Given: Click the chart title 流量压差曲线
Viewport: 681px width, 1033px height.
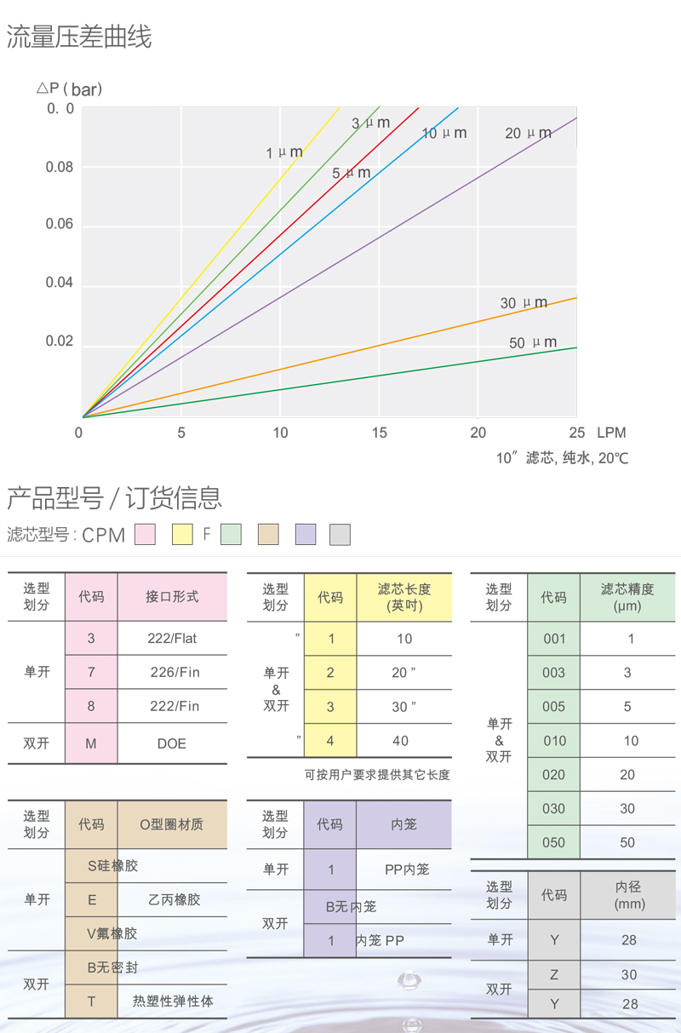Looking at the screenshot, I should (x=78, y=37).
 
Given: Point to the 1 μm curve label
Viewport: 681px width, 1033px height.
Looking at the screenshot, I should (x=283, y=153).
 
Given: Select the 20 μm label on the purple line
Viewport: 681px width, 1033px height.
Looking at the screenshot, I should (x=528, y=133).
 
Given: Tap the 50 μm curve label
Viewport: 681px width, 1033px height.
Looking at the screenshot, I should (x=532, y=342).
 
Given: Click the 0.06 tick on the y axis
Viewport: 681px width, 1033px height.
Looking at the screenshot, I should (x=60, y=225).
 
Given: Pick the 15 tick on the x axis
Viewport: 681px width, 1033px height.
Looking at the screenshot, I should (x=379, y=433).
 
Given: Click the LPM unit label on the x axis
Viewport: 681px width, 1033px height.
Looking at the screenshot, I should (x=611, y=433).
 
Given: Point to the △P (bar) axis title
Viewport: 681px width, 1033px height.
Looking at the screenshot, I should (x=69, y=89).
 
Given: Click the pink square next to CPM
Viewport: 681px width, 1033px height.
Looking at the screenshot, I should (x=146, y=535).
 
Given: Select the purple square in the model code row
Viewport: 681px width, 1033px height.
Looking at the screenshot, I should (x=306, y=535).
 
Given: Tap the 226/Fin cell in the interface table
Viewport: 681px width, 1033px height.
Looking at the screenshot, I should (x=175, y=672).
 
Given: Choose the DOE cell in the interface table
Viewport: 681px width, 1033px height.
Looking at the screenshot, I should (x=172, y=743).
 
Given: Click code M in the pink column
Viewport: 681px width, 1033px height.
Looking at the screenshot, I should (x=91, y=743).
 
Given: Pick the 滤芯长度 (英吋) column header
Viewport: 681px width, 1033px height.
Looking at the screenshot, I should (x=404, y=597).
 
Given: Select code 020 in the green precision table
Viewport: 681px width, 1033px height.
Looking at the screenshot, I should (x=553, y=774).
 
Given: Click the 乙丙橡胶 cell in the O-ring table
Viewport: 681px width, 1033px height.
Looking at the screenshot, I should (x=174, y=899).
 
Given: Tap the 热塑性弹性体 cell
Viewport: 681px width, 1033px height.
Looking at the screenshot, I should (x=173, y=1001).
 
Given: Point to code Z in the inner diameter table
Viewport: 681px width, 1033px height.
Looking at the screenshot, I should (x=553, y=974).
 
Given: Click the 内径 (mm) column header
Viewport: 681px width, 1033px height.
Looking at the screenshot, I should (x=629, y=895).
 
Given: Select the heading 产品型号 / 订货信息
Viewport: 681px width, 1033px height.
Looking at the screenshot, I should (x=114, y=496).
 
